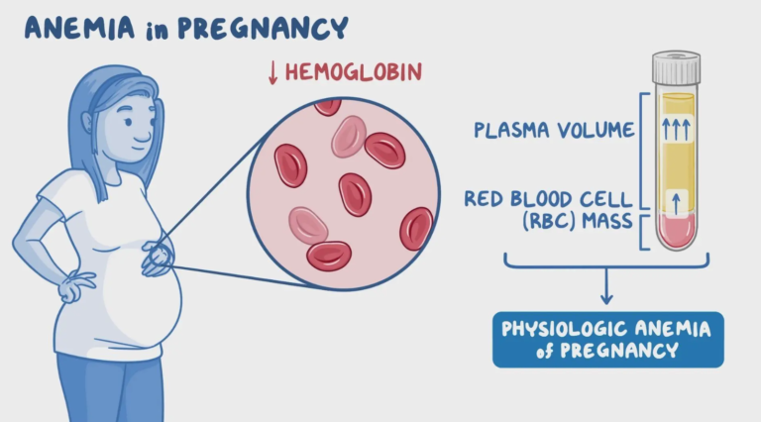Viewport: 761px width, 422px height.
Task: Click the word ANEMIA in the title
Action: point(79,28)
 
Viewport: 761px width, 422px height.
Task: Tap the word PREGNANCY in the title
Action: point(263,28)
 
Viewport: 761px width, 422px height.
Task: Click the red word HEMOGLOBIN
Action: point(354,72)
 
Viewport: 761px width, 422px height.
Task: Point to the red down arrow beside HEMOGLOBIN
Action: point(272,73)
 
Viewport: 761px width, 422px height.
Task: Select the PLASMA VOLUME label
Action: point(554,130)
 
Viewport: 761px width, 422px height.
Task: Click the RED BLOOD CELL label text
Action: point(548,199)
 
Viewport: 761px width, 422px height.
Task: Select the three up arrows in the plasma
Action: point(676,130)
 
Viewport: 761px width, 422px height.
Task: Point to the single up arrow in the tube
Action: point(676,203)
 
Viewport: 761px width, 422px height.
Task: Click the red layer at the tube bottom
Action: point(676,232)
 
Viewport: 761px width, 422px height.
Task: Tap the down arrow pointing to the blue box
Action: point(606,286)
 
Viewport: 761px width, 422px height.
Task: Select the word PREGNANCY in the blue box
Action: point(618,351)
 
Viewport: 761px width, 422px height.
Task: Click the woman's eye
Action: point(129,122)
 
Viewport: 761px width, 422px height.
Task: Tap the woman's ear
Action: point(86,122)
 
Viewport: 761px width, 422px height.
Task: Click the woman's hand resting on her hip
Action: point(76,286)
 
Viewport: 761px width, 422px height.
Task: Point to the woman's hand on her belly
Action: point(158,259)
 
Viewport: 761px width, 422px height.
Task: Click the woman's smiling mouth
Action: point(142,141)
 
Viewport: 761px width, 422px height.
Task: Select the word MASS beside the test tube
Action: point(607,221)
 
